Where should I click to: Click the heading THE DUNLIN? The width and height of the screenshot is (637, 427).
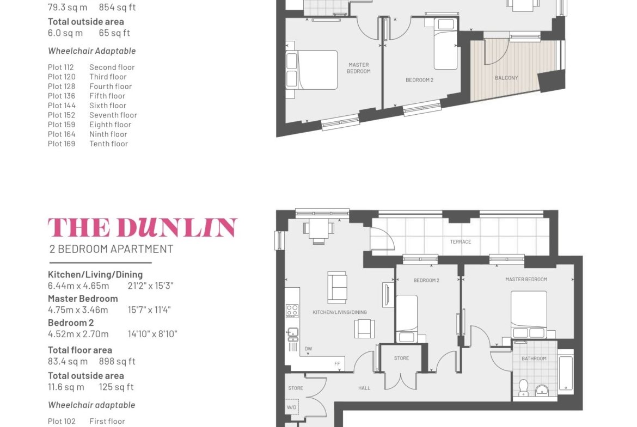[x=143, y=227]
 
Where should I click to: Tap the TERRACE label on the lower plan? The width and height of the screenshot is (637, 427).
[x=460, y=242]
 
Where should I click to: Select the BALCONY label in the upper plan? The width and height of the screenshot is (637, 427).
[x=506, y=78]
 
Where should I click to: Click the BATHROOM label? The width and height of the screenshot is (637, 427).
[x=534, y=359]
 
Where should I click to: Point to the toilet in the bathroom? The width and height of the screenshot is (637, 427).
[x=523, y=388]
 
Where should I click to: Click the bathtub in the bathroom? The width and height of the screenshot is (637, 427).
[x=566, y=373]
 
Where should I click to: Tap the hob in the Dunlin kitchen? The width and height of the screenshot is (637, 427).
[x=292, y=311]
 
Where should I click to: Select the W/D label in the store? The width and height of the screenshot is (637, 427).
[x=291, y=407]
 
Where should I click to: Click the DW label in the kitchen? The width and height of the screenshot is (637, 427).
[x=308, y=349]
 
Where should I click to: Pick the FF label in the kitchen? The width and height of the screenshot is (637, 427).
[x=337, y=364]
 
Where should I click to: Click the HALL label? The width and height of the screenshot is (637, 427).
[x=364, y=388]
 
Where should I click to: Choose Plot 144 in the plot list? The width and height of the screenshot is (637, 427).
[x=62, y=106]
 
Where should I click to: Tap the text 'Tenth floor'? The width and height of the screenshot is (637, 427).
[x=108, y=144]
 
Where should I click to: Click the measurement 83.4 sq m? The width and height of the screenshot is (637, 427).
[x=68, y=361]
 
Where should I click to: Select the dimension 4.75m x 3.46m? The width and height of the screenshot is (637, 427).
[x=78, y=310]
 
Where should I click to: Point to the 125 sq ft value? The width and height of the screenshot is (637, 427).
[x=116, y=387]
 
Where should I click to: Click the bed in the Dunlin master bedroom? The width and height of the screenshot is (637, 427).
[x=529, y=315]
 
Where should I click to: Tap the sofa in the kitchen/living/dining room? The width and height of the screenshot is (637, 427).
[x=337, y=287]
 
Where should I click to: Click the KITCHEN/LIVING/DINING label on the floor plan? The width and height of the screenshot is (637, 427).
[x=340, y=313]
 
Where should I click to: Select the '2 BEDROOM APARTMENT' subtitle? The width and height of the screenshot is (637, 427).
[x=111, y=249]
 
